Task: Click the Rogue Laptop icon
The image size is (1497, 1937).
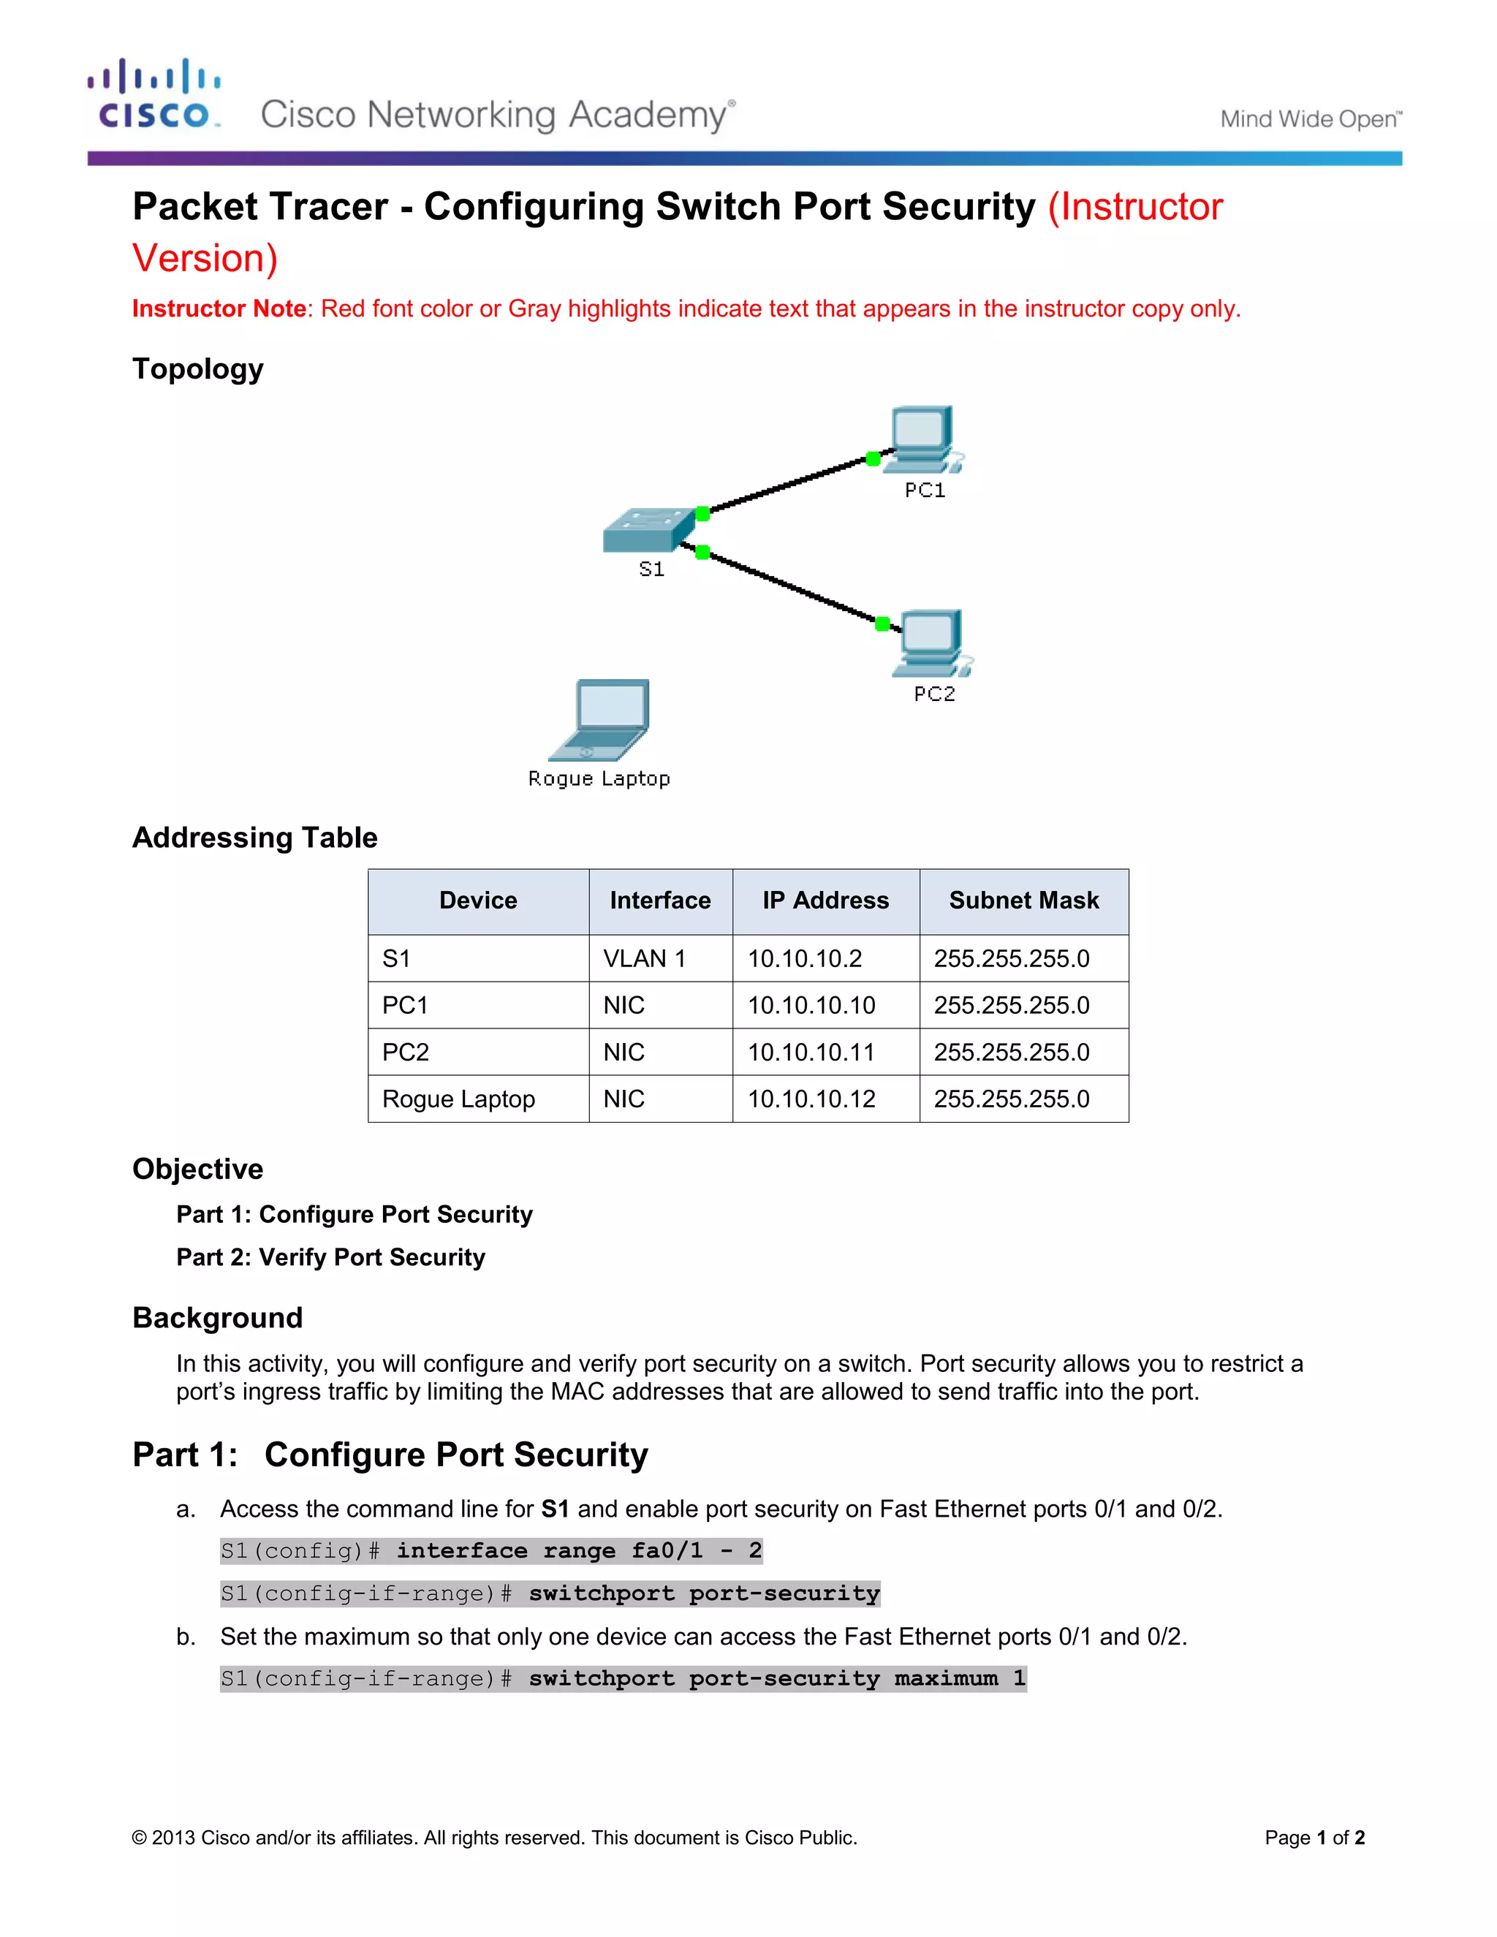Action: click(x=599, y=720)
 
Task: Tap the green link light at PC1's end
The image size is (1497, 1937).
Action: click(x=873, y=458)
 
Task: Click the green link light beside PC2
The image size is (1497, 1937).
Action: click(x=882, y=623)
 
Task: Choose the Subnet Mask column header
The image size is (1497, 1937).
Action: click(x=1023, y=901)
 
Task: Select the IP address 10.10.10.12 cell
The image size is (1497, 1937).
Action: click(x=811, y=1099)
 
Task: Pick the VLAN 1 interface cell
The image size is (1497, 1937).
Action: click(x=645, y=959)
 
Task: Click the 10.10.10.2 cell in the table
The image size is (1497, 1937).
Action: click(x=804, y=959)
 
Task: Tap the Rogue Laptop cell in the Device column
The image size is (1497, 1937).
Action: click(x=458, y=1099)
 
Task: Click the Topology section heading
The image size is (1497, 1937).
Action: click(x=198, y=369)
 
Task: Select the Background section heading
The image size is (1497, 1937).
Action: click(x=217, y=1318)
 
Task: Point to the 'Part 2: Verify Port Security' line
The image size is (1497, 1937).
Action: click(x=331, y=1258)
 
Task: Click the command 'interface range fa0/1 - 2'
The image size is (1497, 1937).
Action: click(x=579, y=1551)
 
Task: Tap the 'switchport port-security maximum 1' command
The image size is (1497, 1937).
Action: click(x=777, y=1679)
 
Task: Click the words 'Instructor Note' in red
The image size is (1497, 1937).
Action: click(x=219, y=308)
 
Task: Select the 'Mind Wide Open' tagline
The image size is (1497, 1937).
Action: click(x=1311, y=119)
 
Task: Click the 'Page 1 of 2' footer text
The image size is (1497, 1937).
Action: click(x=1314, y=1838)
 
